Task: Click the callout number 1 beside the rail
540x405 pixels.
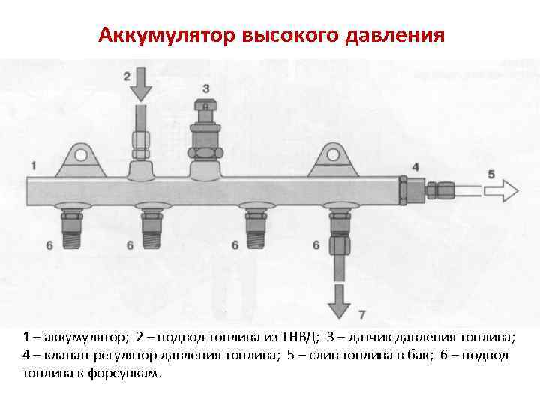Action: coord(34,164)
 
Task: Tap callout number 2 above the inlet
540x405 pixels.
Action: coord(127,76)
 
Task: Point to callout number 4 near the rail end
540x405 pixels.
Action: coord(415,166)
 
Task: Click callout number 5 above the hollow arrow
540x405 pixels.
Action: coord(491,174)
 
